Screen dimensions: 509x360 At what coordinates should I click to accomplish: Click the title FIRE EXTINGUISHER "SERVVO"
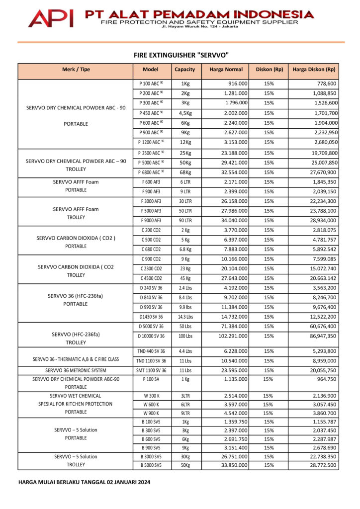(181, 55)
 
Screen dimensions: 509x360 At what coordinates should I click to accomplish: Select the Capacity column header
(185, 70)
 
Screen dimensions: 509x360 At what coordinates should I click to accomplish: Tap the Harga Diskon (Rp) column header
(314, 70)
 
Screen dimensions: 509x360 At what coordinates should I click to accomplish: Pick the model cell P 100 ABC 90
(152, 84)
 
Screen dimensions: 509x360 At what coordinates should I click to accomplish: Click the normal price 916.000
(236, 84)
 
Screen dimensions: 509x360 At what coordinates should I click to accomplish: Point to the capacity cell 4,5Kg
(185, 113)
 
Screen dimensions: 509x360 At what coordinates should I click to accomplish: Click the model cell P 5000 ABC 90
(152, 163)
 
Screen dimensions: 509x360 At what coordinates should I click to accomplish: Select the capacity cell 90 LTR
(185, 220)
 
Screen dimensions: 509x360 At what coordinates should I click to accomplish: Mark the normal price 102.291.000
(232, 337)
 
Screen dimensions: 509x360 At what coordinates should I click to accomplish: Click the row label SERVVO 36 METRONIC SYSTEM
(76, 370)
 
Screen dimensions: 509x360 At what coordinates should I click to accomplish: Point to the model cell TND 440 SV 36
(152, 351)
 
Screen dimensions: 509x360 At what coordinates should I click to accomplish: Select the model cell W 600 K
(151, 405)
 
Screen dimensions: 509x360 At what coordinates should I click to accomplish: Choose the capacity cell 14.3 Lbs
(185, 317)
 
